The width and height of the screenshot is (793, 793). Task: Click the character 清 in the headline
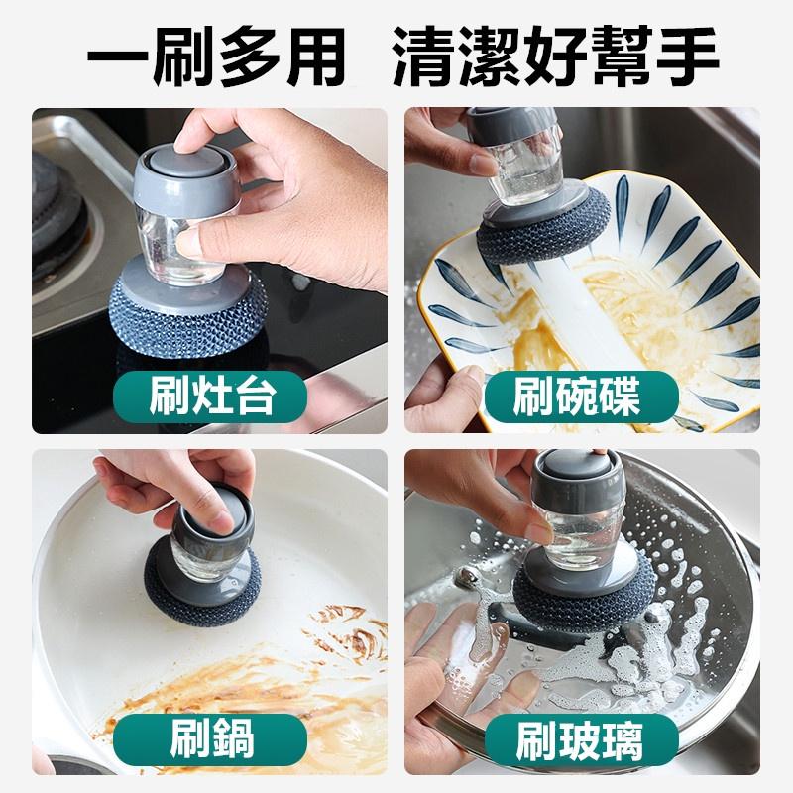coord(428,57)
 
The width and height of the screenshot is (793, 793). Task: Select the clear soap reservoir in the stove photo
coord(159,233)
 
